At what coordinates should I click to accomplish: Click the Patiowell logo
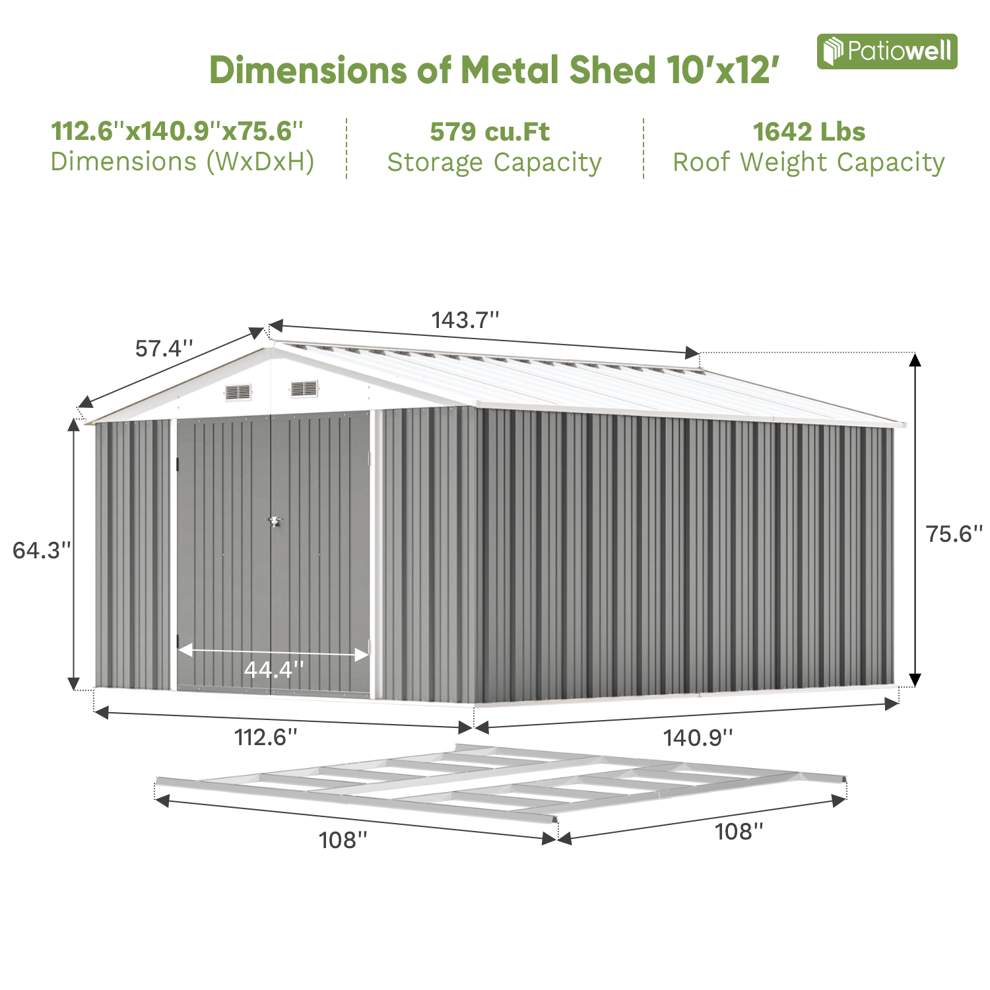tap(886, 51)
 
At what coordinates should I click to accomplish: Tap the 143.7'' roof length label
tap(465, 320)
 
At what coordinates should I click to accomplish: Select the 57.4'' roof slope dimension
tap(164, 348)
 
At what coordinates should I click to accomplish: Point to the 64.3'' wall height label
tap(42, 550)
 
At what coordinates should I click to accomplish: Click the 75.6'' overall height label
tap(954, 533)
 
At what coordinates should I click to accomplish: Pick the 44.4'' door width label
tap(274, 669)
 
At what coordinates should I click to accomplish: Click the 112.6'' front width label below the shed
tap(266, 737)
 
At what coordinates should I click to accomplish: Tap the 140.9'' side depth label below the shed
tap(698, 737)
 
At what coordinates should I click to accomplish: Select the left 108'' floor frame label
tap(343, 840)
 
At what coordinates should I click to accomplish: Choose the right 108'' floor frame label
tap(739, 831)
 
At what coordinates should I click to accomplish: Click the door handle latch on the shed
tap(274, 522)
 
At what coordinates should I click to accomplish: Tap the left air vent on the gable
tap(238, 392)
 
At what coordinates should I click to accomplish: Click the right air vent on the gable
tap(304, 388)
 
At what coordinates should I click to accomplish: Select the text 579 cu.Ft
tap(489, 132)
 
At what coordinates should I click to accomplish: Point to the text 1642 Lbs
tap(808, 132)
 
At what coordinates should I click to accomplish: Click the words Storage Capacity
tap(494, 162)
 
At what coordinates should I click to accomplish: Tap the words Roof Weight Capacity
tap(808, 162)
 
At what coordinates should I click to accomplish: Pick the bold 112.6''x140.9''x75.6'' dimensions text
tap(177, 131)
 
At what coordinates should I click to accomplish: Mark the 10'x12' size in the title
tap(723, 70)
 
